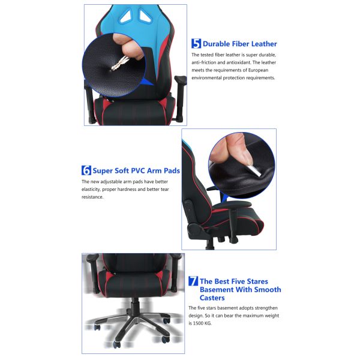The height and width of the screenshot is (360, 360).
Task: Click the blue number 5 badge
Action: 196,43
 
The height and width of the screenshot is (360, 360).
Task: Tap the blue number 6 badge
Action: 86,170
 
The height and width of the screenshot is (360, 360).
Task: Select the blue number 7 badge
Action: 193,281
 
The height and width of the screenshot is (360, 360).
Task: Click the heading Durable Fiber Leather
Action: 239,44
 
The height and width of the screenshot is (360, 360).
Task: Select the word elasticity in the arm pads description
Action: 95,189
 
